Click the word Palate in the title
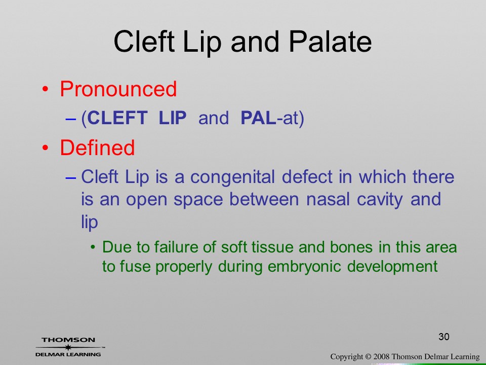pyautogui.click(x=330, y=42)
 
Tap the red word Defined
pyautogui.click(x=97, y=148)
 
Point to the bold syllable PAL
pyautogui.click(x=258, y=118)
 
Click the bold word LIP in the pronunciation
pyautogui.click(x=172, y=118)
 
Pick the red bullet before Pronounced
pyautogui.click(x=45, y=90)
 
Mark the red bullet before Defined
pyautogui.click(x=45, y=148)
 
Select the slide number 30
pyautogui.click(x=444, y=337)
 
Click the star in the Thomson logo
pyautogui.click(x=68, y=347)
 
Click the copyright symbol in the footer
pyautogui.click(x=368, y=357)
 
